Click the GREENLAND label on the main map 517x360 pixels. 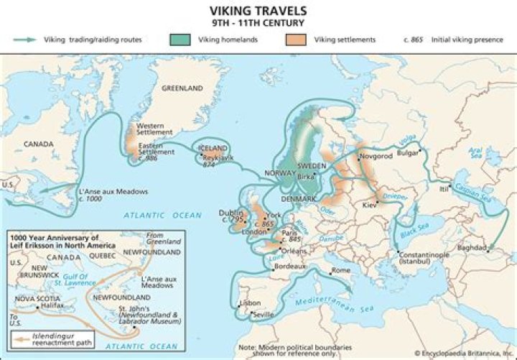point(182,89)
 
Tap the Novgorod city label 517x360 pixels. point(377,156)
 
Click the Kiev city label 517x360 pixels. point(370,206)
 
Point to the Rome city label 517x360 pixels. point(340,269)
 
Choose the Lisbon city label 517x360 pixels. point(251,303)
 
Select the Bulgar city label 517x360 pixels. point(408,152)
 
